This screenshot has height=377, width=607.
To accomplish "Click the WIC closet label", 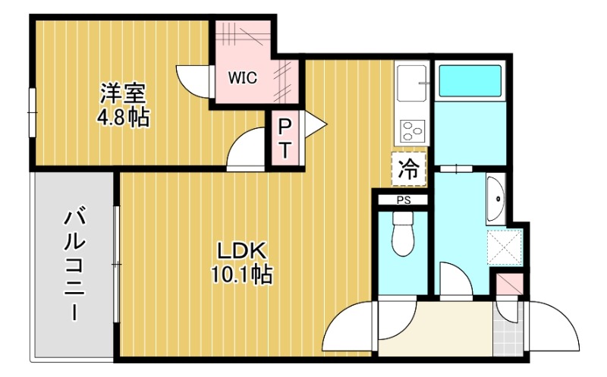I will coord(243,77).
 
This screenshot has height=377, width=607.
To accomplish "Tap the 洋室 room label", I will coord(123,94).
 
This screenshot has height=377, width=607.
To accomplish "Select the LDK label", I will coord(241,250).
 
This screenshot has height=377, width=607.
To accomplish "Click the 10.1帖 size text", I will coord(241,274).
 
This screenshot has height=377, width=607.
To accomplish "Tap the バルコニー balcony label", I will coord(74,265).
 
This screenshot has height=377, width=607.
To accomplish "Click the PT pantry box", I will coord(286,138).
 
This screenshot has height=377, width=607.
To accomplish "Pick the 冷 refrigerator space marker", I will coord(408,169).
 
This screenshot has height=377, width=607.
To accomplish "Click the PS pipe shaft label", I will coord(402,200).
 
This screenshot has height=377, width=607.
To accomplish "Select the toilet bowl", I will coord(402,236).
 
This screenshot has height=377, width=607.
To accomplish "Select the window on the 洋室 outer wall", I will coord(32,113).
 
